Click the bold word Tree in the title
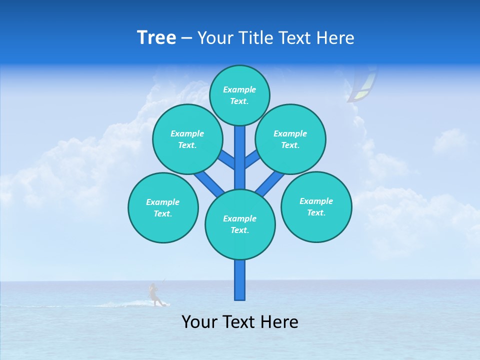[x=156, y=38]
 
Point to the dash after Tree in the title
[x=187, y=38]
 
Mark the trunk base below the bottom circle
[x=240, y=280]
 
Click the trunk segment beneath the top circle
[x=240, y=155]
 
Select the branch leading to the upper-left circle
[x=226, y=159]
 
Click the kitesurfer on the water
[x=154, y=294]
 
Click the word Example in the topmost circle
[x=239, y=89]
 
